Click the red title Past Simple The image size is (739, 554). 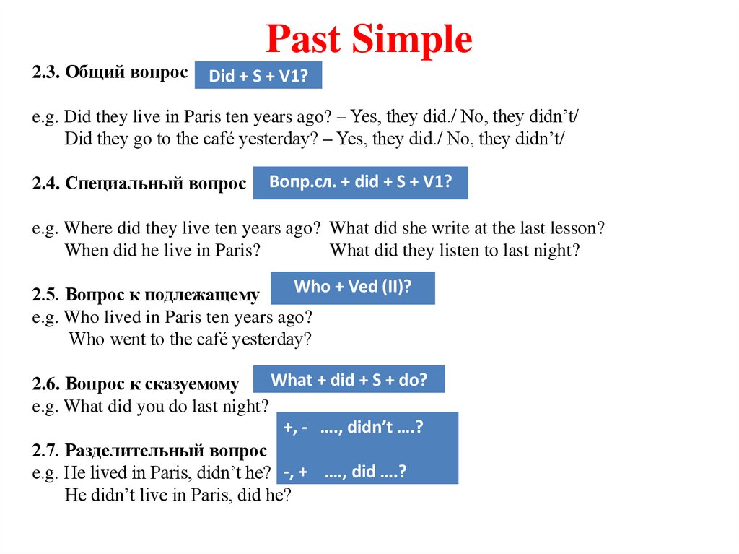(369, 40)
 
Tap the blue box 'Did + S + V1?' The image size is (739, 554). (258, 76)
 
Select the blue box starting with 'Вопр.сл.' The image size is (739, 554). (360, 182)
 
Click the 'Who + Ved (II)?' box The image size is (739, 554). (352, 287)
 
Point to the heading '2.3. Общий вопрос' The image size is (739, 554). (109, 73)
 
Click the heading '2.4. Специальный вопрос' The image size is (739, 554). (139, 183)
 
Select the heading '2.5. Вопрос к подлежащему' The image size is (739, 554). (145, 295)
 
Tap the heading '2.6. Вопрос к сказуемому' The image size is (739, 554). (136, 383)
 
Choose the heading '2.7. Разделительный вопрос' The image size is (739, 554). (149, 451)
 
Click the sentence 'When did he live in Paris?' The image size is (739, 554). (162, 251)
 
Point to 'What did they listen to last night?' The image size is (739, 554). (455, 251)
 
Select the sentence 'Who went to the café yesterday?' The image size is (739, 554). (190, 339)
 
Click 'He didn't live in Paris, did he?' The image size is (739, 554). (178, 495)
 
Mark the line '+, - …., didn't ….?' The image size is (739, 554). (353, 427)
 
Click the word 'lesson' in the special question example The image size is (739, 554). (577, 228)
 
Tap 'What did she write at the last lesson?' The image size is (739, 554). (467, 228)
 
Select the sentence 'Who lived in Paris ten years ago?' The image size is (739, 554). (188, 317)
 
